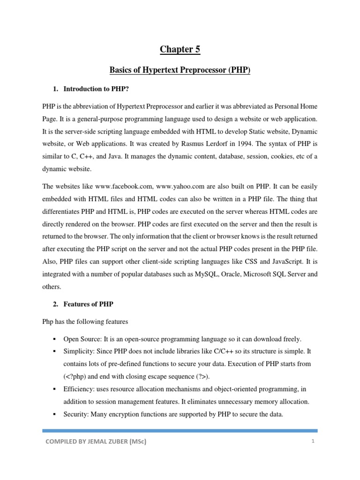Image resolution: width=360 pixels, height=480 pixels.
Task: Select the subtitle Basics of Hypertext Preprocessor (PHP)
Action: point(180,70)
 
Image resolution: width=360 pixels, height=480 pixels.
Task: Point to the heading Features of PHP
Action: point(88,304)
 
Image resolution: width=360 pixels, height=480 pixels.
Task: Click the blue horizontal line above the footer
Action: point(180,430)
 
